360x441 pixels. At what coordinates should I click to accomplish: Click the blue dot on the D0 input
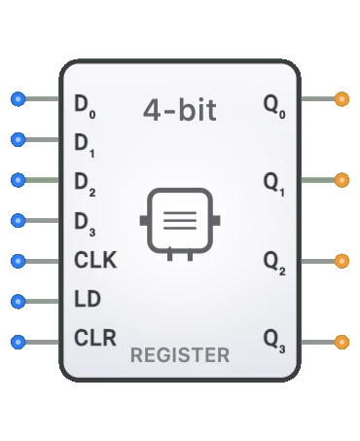click(17, 99)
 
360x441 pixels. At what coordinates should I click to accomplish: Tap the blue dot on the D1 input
click(17, 140)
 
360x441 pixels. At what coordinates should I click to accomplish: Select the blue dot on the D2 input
click(17, 180)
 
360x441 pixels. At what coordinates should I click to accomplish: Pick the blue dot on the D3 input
click(17, 221)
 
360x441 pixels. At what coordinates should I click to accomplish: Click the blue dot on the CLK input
click(17, 261)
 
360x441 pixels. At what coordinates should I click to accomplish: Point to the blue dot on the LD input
click(17, 302)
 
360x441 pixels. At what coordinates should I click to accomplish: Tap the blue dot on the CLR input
click(17, 342)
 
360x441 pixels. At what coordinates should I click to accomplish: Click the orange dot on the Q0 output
click(342, 99)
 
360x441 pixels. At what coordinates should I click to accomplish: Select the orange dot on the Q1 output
click(342, 180)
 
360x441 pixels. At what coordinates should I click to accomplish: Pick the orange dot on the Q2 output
click(342, 261)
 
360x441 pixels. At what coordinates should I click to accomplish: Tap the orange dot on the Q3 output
click(342, 342)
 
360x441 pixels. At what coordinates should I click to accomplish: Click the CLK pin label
click(94, 261)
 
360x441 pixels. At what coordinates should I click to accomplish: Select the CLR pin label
click(94, 339)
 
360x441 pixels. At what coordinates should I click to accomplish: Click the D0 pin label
click(85, 102)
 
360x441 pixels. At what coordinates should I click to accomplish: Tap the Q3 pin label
click(274, 342)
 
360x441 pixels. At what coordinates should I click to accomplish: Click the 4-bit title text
click(179, 109)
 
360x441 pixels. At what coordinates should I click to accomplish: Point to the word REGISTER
click(180, 355)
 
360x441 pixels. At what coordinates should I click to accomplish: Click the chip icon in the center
click(180, 222)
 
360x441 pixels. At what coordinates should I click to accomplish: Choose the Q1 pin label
click(274, 183)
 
